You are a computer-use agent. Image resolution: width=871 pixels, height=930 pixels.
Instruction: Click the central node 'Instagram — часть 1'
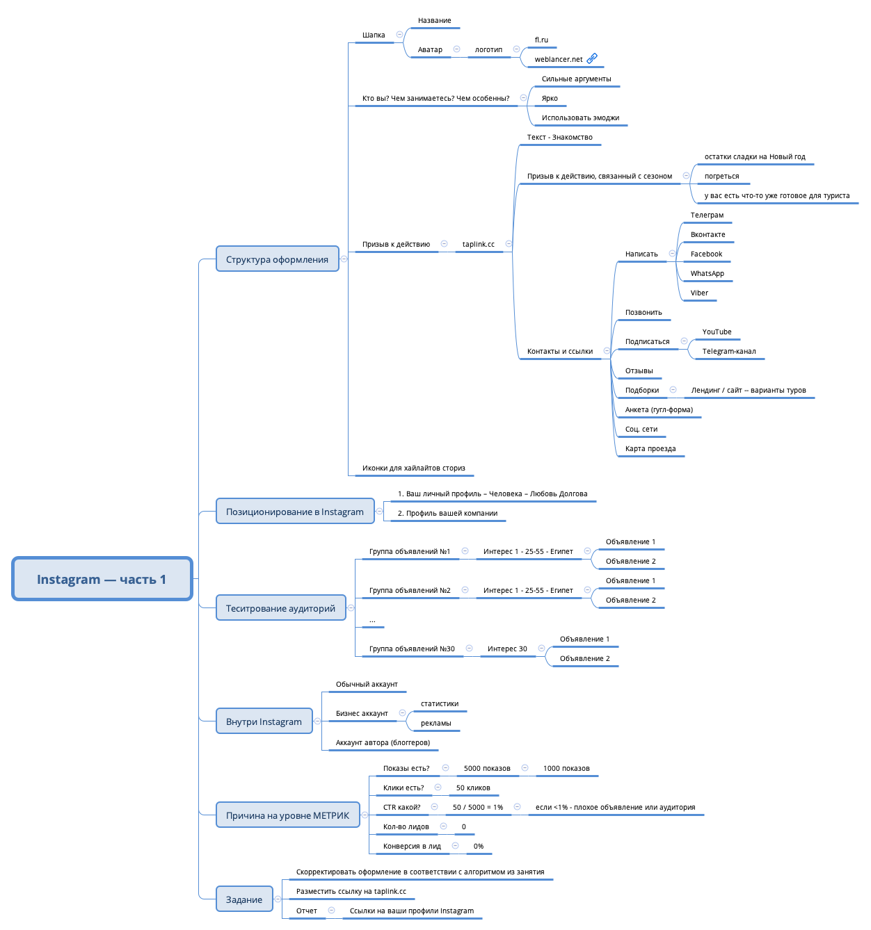(x=102, y=579)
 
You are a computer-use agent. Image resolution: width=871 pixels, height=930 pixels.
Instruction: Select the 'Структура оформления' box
(x=277, y=259)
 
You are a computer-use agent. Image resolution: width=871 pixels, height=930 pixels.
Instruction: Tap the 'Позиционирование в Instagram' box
(x=294, y=512)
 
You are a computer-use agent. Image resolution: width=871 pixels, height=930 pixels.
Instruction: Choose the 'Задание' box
(x=244, y=899)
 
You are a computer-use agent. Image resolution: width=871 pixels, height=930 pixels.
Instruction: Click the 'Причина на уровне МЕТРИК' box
(x=287, y=815)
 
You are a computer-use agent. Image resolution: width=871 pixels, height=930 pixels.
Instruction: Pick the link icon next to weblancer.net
(x=592, y=58)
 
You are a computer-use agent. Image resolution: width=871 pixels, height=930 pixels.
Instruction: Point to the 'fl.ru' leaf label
(x=541, y=40)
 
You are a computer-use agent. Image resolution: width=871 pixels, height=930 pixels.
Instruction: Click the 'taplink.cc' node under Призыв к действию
(x=478, y=245)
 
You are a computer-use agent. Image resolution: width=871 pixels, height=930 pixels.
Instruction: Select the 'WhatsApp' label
(x=707, y=274)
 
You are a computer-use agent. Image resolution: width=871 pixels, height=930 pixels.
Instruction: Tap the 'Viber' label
(x=699, y=293)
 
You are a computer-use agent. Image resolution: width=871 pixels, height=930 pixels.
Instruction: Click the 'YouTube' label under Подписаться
(x=717, y=332)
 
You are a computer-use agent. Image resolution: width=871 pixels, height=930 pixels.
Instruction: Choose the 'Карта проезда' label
(x=650, y=449)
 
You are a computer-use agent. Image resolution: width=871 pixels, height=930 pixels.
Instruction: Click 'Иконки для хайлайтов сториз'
(x=413, y=468)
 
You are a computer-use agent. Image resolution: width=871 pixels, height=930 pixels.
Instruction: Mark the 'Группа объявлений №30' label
(x=412, y=649)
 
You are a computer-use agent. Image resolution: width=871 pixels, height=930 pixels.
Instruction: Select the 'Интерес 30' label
(x=507, y=649)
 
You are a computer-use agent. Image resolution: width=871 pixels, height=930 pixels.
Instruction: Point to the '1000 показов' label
(x=566, y=769)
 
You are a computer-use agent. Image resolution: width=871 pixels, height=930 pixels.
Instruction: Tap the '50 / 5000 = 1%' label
(x=477, y=808)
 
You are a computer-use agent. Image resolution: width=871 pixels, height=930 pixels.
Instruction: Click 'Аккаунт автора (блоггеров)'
(x=383, y=743)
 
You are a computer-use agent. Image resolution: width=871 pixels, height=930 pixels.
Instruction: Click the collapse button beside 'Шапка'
(x=399, y=34)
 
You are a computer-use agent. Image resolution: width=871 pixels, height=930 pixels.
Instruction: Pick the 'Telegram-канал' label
(x=728, y=352)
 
